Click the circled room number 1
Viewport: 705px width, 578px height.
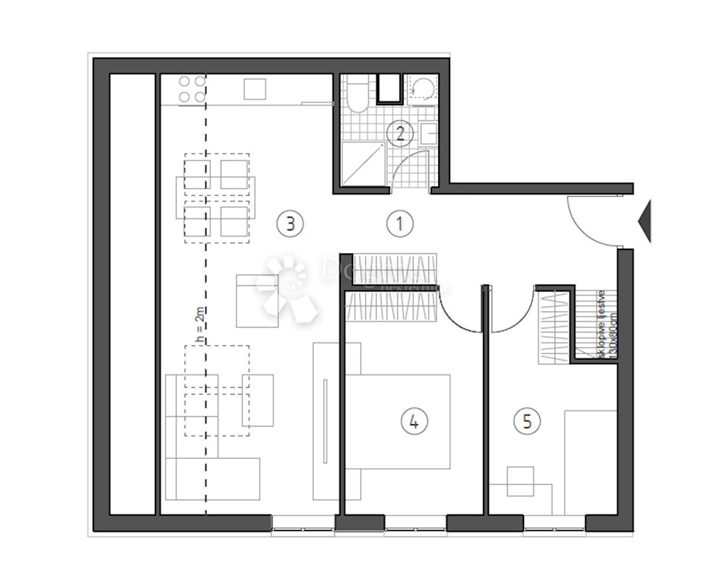[x=400, y=224]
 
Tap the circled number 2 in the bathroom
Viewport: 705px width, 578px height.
[x=400, y=134]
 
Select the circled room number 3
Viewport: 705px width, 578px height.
[x=290, y=224]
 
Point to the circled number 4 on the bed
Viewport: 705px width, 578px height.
[x=414, y=421]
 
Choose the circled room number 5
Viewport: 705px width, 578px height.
[x=526, y=421]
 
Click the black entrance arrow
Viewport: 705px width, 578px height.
[x=644, y=221]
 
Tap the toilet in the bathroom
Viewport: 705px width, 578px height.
[x=357, y=96]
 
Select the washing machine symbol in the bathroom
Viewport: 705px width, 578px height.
[x=422, y=89]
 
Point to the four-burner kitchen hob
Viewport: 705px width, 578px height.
[x=192, y=89]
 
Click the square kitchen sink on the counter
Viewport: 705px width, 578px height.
[x=255, y=90]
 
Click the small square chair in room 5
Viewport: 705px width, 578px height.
[x=520, y=481]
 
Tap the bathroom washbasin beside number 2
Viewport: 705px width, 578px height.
[x=429, y=134]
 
